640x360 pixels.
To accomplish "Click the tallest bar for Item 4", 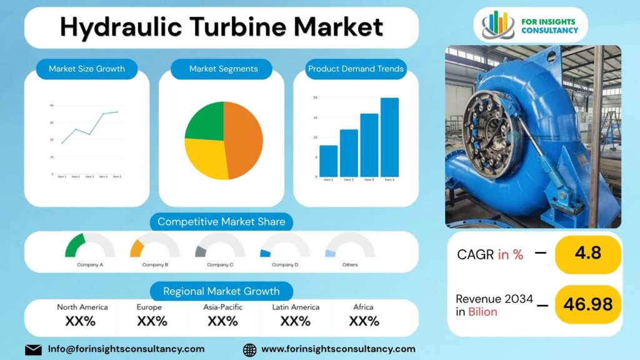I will pos(389,137).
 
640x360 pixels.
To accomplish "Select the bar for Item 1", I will pos(328,161).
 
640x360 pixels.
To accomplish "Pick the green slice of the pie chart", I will pos(205,122).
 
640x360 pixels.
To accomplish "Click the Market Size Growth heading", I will pos(87,69).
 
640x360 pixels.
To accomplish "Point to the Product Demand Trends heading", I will pos(356,69).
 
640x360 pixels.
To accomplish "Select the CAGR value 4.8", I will pos(587,253).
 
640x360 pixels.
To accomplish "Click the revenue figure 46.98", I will pos(587,304).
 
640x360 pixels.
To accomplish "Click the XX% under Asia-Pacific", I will pos(222,321).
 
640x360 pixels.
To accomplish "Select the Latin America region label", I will pos(296,307).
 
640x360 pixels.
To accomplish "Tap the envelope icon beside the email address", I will pos(33,349).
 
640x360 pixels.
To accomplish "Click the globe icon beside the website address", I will pos(249,349).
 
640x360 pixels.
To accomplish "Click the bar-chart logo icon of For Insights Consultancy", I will pos(498,25).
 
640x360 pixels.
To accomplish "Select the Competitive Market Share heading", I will pos(221,222).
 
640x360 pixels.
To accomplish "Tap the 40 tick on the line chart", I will pos(51,105).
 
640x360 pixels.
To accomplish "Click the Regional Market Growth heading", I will pos(221,291).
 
